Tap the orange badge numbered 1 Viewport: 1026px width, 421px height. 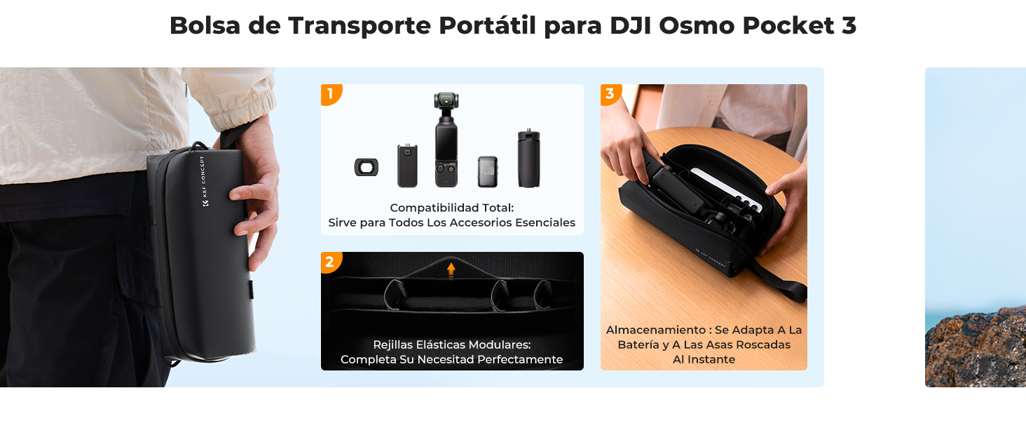(x=330, y=93)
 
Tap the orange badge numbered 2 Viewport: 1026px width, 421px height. (x=330, y=262)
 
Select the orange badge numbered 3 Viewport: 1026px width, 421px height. (x=610, y=93)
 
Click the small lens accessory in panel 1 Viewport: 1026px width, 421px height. (x=366, y=167)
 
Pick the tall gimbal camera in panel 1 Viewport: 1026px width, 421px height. (x=446, y=144)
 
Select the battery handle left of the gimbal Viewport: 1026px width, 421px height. (x=407, y=166)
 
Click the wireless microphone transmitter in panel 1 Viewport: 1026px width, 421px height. (x=488, y=171)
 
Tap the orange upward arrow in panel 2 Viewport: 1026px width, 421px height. (x=451, y=269)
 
